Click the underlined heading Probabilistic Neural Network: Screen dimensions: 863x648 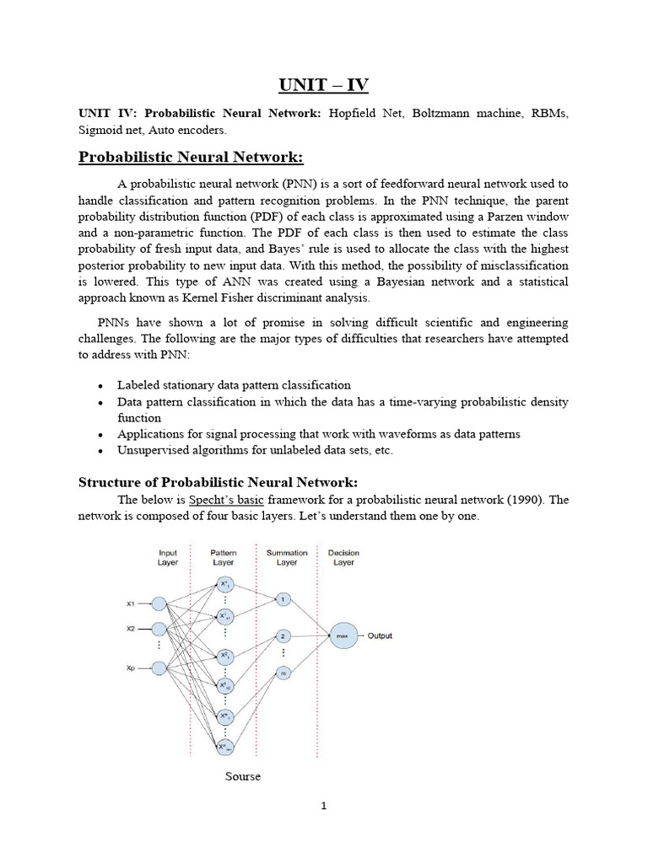pos(191,158)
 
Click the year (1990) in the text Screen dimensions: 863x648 pos(526,500)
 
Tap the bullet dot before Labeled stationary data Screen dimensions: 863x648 pos(101,386)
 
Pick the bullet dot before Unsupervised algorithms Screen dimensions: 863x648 pos(101,452)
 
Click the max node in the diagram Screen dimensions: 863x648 pos(343,636)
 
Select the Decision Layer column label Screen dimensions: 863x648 pos(343,558)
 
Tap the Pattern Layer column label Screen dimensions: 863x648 pos(224,558)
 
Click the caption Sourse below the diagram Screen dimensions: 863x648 pos(242,776)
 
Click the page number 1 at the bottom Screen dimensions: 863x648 pos(323,806)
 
